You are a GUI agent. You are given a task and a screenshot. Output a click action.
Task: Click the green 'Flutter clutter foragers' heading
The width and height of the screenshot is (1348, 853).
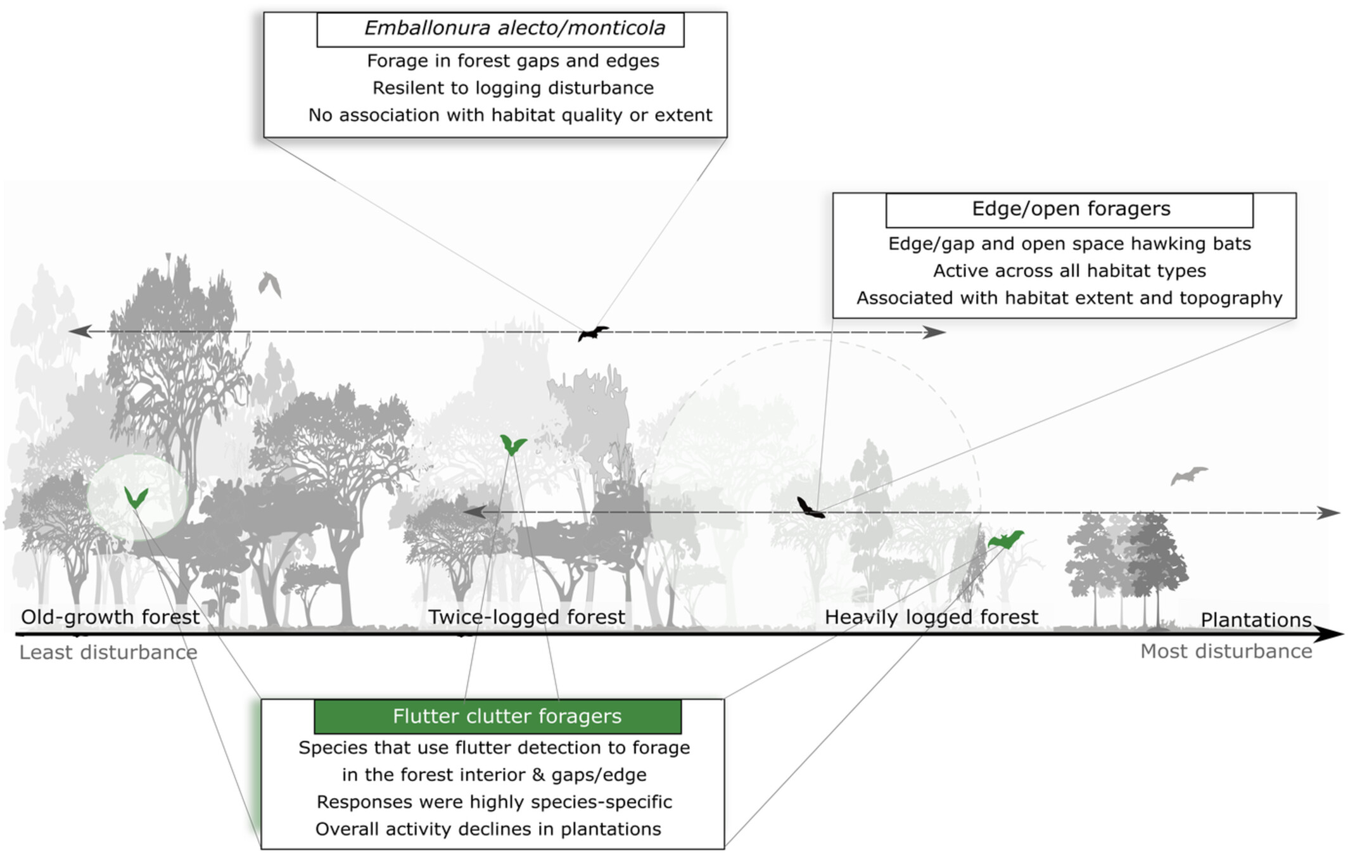click(x=497, y=716)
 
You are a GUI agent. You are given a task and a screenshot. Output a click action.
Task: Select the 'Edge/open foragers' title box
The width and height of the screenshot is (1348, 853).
click(x=1069, y=210)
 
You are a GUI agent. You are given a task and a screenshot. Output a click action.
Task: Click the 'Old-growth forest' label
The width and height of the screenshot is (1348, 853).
click(x=110, y=617)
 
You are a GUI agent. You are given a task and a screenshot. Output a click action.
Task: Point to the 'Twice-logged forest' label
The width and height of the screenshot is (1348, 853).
click(x=526, y=617)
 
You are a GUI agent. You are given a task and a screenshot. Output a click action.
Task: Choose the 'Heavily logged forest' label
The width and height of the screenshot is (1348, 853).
click(x=931, y=617)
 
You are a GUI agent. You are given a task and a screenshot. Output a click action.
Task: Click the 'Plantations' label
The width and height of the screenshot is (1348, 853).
click(x=1256, y=619)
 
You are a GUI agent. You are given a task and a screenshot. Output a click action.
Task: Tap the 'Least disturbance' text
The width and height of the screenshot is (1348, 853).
click(x=108, y=652)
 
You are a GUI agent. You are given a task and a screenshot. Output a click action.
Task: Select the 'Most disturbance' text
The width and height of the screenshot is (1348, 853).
click(x=1226, y=651)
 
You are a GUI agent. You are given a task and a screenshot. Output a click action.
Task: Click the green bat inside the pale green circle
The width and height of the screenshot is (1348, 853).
click(x=136, y=498)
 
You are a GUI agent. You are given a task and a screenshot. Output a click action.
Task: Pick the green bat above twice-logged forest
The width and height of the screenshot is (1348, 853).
click(x=512, y=445)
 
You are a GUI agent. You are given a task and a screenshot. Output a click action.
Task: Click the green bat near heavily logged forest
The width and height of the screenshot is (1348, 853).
click(x=1005, y=540)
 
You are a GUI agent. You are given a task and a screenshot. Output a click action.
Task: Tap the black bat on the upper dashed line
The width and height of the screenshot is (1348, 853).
click(x=592, y=333)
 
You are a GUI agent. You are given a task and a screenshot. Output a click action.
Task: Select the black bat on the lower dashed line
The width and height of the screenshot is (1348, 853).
click(x=810, y=508)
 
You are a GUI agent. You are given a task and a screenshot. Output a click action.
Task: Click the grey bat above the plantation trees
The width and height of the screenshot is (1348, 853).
click(x=1188, y=474)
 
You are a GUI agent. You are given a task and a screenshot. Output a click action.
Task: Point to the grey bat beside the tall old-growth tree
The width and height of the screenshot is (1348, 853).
click(x=269, y=284)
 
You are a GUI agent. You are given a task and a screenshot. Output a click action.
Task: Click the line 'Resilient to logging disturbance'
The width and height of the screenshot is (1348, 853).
click(x=512, y=88)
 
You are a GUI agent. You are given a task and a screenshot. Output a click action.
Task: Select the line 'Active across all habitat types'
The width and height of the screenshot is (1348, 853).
click(x=1069, y=271)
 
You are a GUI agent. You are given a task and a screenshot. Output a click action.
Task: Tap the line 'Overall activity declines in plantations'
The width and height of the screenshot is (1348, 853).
click(x=488, y=829)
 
